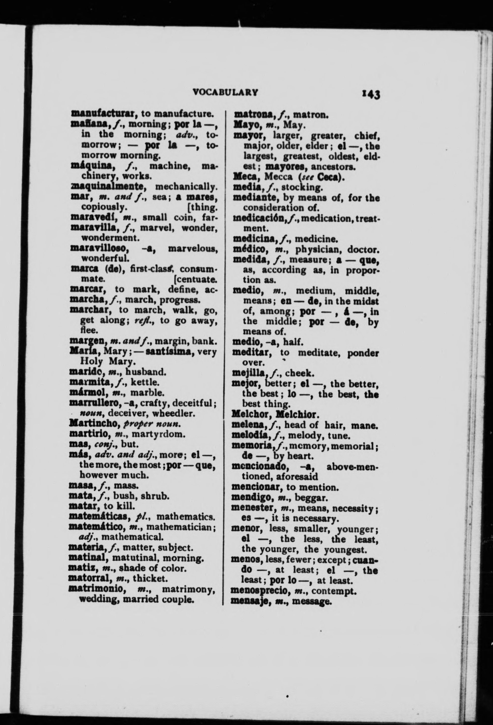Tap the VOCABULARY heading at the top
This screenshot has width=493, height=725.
point(225,92)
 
